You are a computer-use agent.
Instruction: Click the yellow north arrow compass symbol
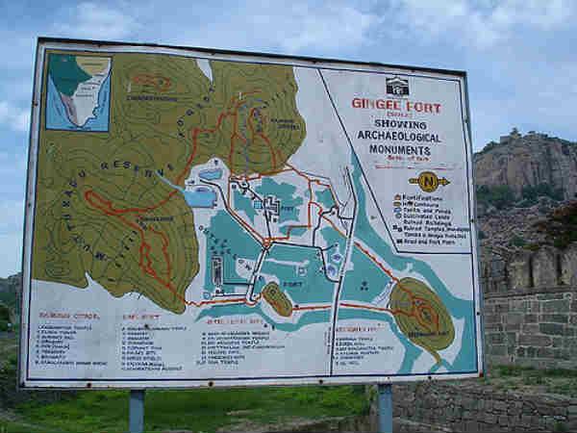click(x=429, y=179)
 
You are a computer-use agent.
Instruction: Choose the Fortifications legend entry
click(x=424, y=197)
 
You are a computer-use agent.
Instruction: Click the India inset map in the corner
click(x=78, y=91)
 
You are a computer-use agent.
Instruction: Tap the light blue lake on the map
click(x=201, y=196)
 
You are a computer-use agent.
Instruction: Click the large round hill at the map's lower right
click(x=419, y=310)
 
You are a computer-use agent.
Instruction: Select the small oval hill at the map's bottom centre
click(x=276, y=298)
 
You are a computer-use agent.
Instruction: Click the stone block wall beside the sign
click(x=528, y=327)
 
